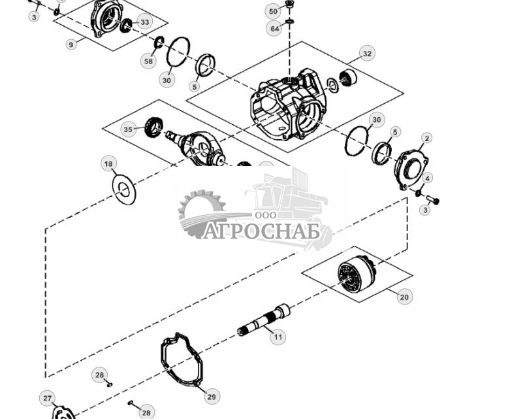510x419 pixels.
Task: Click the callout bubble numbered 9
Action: point(71,44)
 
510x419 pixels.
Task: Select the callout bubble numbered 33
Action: point(144,22)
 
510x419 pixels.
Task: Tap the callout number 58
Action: point(148,61)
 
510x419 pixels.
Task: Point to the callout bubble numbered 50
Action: point(273,11)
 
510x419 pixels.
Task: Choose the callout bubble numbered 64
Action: point(274,29)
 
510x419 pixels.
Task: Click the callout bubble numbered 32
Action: point(367,54)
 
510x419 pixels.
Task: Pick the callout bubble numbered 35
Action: point(128,129)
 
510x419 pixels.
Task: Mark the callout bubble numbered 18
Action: point(108,163)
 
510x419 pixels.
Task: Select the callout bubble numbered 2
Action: point(426,138)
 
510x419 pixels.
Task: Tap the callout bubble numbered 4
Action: point(427,178)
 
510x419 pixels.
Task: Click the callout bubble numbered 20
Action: point(404,297)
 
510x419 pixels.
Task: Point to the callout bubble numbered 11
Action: point(278,337)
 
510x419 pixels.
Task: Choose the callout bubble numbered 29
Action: point(211,396)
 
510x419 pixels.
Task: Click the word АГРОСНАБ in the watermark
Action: point(261,231)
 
